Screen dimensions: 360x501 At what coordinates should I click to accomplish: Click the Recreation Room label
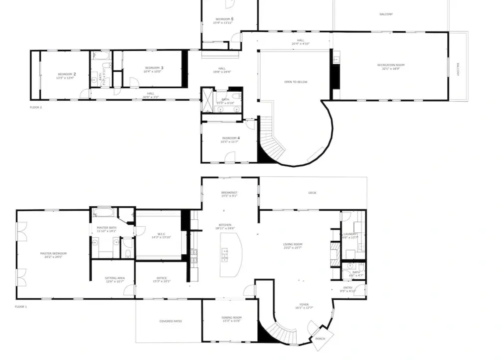tap(391, 65)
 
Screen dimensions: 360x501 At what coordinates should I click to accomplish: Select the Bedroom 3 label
tap(154, 68)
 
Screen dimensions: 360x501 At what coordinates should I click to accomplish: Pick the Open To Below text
tap(296, 82)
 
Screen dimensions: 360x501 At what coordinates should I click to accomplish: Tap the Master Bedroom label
tap(53, 254)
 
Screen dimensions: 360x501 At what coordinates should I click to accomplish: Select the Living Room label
tap(293, 244)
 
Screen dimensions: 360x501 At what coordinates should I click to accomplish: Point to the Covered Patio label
tap(170, 321)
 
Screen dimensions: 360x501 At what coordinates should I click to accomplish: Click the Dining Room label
tap(231, 318)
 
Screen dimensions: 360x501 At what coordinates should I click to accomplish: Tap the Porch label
tap(320, 339)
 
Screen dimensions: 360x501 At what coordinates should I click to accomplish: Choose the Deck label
tap(312, 193)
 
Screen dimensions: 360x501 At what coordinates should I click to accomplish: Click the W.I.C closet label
tap(161, 234)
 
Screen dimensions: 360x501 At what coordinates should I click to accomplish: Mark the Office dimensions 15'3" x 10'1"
tap(161, 281)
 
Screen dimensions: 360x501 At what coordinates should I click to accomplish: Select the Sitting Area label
tap(114, 278)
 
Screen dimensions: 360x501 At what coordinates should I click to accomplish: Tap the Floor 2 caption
tap(36, 107)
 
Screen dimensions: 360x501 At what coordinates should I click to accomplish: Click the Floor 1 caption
tap(21, 307)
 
